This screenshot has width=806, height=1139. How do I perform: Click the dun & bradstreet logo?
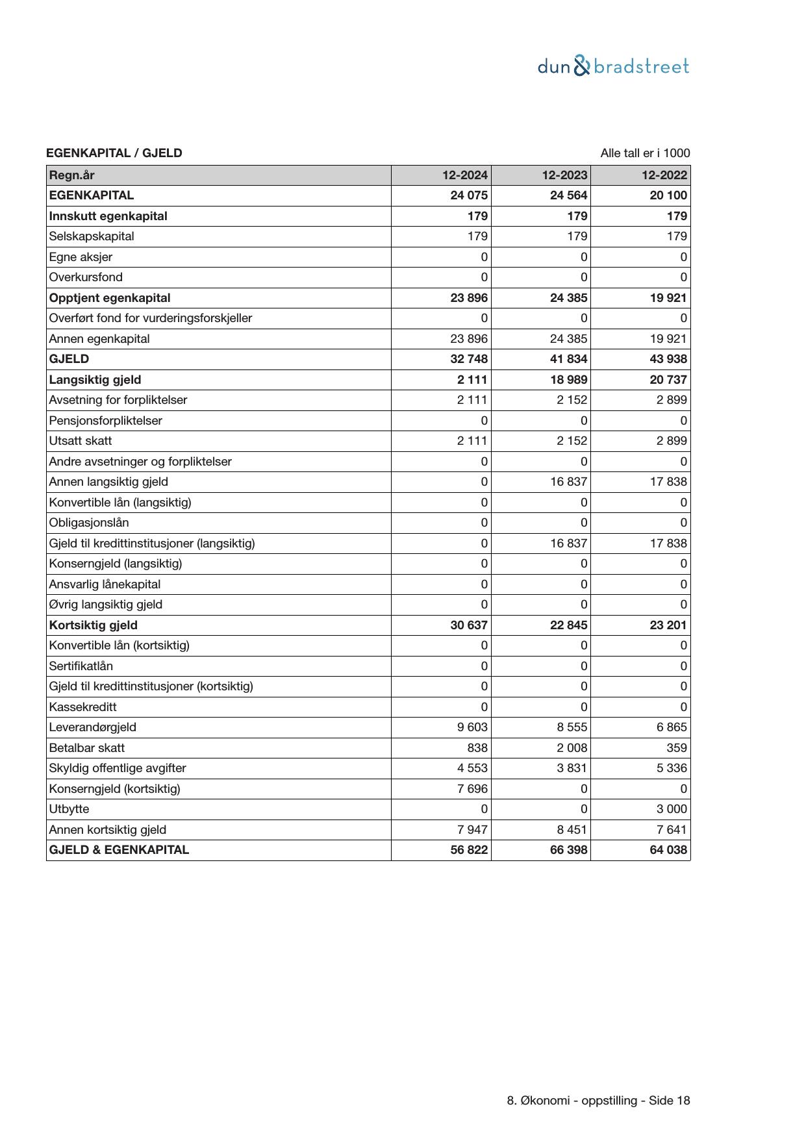(613, 66)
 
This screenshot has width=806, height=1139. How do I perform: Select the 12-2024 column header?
(465, 175)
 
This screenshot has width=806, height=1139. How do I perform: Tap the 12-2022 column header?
(664, 175)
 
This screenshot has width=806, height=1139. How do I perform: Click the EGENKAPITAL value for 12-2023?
(568, 195)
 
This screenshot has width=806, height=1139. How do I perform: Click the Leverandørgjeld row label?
(92, 727)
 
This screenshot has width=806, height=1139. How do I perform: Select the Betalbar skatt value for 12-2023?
(572, 747)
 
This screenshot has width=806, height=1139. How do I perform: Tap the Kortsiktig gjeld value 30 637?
(469, 625)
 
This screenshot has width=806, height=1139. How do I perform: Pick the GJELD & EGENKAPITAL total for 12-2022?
(668, 850)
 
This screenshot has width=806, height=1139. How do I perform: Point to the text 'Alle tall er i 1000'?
(645, 153)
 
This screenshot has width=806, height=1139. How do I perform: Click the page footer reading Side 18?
(598, 1101)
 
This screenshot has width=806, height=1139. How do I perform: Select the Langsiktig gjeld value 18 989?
(568, 379)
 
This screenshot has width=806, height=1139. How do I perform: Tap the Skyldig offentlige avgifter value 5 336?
(671, 768)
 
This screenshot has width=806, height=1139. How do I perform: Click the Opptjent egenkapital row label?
(109, 298)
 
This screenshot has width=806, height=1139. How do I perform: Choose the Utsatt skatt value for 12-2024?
(472, 441)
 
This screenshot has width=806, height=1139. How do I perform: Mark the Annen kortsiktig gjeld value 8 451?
(572, 829)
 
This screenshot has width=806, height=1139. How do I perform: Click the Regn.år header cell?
(71, 175)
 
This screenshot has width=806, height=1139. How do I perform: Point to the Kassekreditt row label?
(82, 707)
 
